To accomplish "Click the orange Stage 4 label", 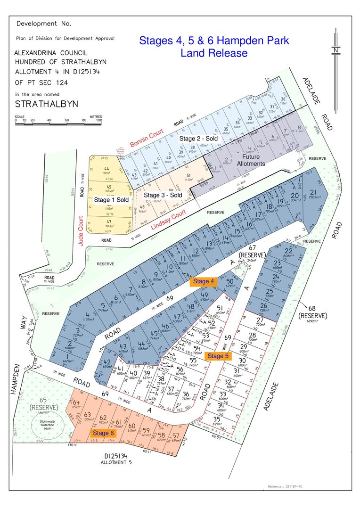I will point(204,281).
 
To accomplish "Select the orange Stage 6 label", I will point(103,433).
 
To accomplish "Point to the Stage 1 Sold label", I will point(111,200).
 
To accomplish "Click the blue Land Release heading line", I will point(213,53).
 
